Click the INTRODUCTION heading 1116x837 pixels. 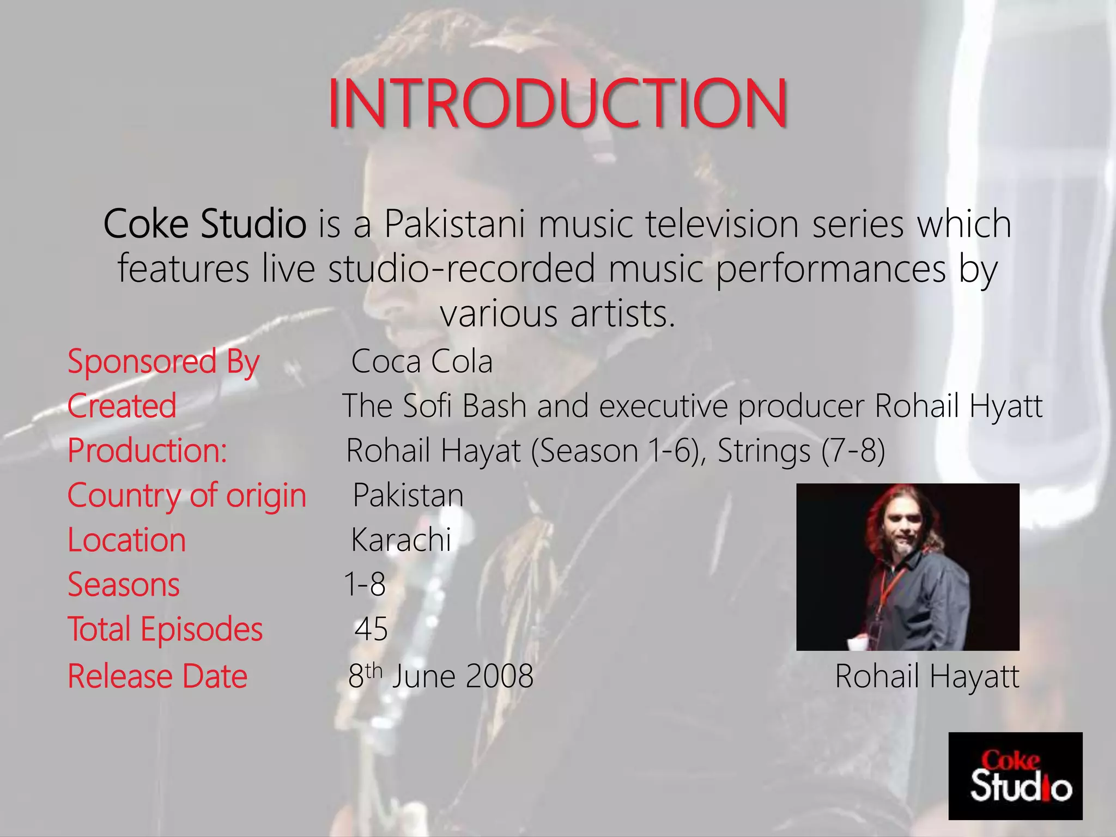tap(557, 103)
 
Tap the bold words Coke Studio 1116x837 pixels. tap(205, 224)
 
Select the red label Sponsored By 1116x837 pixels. tap(163, 362)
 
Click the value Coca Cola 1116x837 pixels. tap(422, 362)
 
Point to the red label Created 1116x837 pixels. tap(122, 406)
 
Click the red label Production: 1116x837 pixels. tap(147, 451)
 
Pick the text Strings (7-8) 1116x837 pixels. tap(801, 451)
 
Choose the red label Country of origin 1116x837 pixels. tap(187, 495)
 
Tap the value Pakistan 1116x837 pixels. tap(408, 495)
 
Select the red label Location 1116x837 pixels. tap(126, 540)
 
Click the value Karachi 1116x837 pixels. tap(401, 540)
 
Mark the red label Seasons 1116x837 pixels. tap(124, 585)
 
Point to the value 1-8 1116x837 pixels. tap(365, 585)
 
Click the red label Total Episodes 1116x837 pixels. tap(165, 629)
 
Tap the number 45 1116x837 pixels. tap(371, 629)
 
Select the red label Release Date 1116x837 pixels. tap(157, 676)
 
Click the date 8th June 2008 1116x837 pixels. tap(440, 676)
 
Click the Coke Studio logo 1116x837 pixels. tap(1015, 776)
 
